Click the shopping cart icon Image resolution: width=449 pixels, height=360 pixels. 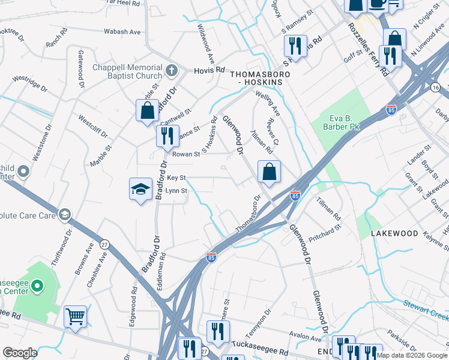coord(75,316)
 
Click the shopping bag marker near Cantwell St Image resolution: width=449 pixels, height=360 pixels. coord(147,111)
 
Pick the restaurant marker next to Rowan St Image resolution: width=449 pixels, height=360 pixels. coord(167,136)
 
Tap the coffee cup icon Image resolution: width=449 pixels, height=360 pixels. coord(378,3)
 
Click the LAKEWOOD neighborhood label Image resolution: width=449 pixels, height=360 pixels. coord(394,233)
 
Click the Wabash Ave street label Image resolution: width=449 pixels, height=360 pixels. coord(122,32)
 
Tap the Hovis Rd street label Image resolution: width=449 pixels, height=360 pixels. coord(208,71)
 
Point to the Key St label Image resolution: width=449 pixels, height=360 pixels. coord(176,178)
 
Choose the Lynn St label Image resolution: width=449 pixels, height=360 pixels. coord(176,191)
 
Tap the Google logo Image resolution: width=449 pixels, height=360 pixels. coord(20,353)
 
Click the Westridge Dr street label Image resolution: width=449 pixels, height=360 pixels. coord(29,83)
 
